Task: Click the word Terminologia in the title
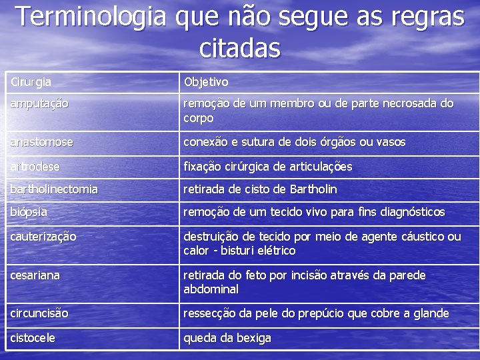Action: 91,16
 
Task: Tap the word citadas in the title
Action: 240,48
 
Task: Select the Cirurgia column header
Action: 31,82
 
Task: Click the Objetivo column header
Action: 206,82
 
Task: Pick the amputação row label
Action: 39,104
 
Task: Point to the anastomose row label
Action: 41,142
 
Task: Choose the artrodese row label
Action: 35,166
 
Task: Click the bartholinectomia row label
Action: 54,189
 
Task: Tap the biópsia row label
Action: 29,212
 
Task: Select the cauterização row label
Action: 43,237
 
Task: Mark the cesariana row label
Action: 35,275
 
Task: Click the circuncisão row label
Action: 39,313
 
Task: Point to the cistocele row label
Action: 33,338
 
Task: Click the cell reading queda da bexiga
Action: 227,338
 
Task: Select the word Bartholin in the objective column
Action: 313,189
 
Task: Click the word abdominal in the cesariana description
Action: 211,289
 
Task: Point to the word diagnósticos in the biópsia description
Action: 408,212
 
